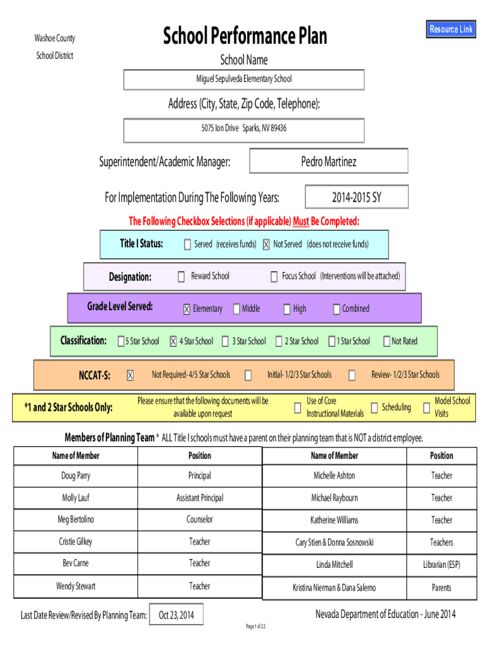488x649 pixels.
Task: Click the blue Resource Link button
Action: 451,29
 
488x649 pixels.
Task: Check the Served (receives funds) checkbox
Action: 188,245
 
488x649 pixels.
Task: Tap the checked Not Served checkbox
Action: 266,245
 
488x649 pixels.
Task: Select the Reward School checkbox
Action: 181,276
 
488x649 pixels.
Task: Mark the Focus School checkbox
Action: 274,276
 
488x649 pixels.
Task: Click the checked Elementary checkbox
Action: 187,309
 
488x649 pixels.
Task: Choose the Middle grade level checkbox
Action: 236,309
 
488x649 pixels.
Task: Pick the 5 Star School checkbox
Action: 121,341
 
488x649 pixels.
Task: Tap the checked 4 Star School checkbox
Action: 174,341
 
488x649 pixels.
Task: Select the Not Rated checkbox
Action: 387,341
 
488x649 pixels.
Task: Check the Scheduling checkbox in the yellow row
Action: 374,408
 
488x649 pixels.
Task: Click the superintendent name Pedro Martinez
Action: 329,161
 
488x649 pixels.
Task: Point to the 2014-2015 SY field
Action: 357,197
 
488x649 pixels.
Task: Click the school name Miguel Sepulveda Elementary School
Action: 244,79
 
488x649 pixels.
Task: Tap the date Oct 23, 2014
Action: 176,615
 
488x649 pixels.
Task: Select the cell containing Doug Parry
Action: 76,475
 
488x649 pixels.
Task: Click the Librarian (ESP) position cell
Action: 442,565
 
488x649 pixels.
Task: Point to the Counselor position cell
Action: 200,520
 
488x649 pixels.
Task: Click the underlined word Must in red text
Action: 301,221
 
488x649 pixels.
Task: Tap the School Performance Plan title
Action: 245,35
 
